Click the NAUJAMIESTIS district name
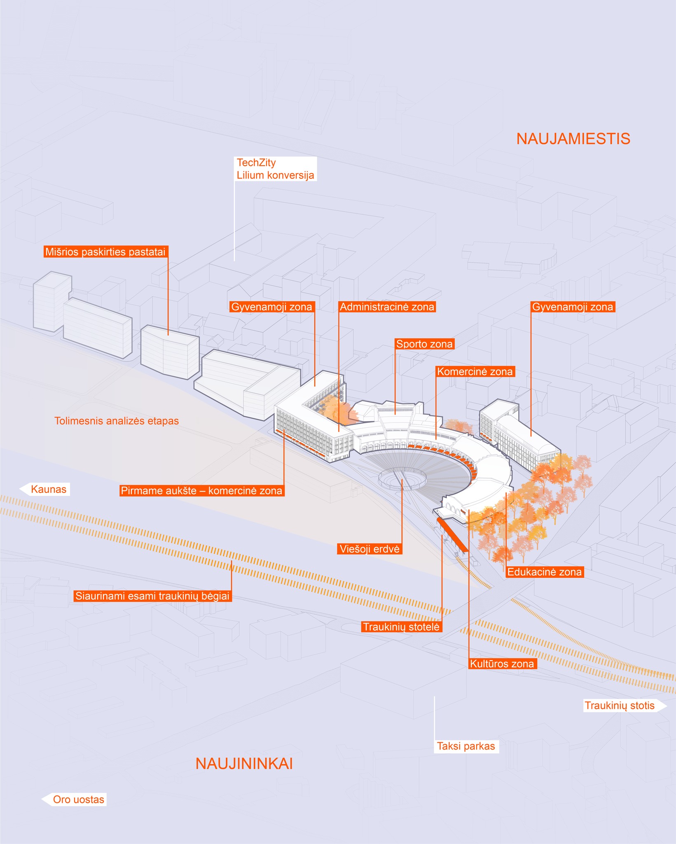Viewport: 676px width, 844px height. (x=573, y=139)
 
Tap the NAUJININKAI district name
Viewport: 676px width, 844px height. (x=244, y=764)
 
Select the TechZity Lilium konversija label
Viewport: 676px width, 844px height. (x=275, y=169)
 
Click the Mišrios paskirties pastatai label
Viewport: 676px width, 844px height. (x=105, y=252)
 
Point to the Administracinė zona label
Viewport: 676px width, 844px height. (x=387, y=307)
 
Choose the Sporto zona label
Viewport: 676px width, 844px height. (x=424, y=344)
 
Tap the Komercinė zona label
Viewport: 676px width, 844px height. (x=475, y=372)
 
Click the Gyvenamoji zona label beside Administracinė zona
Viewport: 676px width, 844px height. (x=272, y=307)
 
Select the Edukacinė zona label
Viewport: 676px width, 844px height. (x=544, y=572)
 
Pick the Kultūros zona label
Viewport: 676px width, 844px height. (x=502, y=664)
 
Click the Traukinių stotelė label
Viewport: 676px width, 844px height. (x=402, y=627)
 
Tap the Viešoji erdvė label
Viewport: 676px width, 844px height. (x=369, y=549)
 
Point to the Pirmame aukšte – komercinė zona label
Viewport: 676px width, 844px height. (x=201, y=491)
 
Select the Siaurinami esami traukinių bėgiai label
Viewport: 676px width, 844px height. (x=152, y=596)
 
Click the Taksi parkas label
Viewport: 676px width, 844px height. (x=466, y=746)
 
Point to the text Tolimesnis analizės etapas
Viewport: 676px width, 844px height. (x=117, y=421)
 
